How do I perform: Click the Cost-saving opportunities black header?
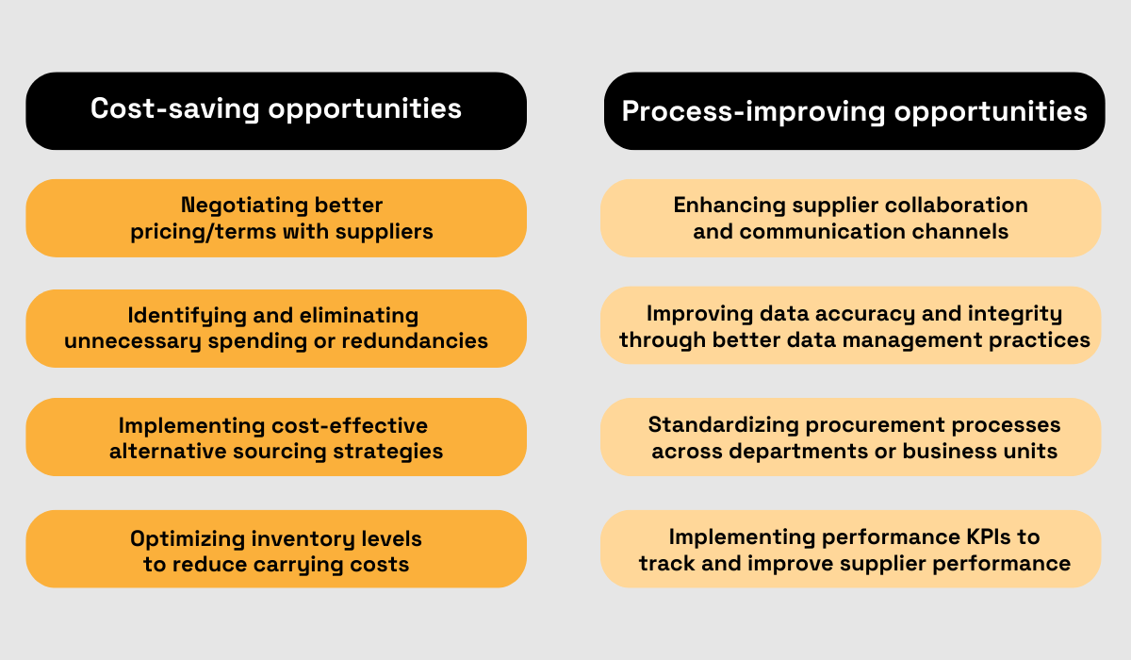(276, 109)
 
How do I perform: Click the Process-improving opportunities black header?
(854, 111)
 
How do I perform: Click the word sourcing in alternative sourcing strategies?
(301, 451)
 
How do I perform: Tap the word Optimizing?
(186, 538)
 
